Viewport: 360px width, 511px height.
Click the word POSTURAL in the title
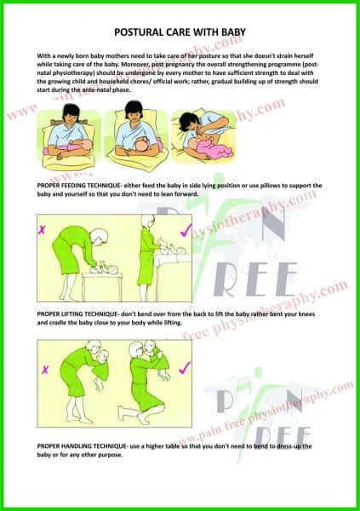tap(140, 29)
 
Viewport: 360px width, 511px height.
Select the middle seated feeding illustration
tap(134, 136)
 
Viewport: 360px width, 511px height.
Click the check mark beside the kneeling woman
tap(184, 368)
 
